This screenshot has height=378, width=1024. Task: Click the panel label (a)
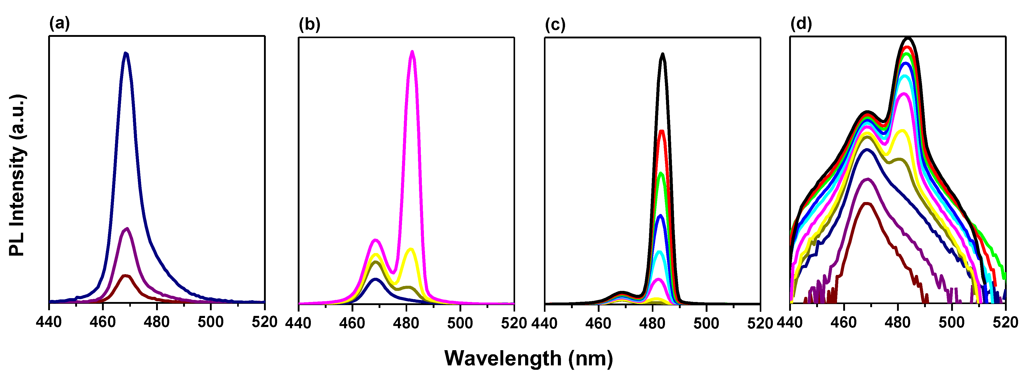pos(59,24)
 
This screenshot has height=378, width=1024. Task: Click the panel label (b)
pos(309,25)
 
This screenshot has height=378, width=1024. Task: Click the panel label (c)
pos(555,25)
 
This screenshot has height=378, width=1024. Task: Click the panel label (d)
pos(801,24)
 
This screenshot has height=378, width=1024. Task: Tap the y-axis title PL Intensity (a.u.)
pos(18,175)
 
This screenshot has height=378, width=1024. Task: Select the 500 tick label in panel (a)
pos(211,322)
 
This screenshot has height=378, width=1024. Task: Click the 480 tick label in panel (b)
pos(406,323)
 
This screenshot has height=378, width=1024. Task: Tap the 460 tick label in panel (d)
pos(843,322)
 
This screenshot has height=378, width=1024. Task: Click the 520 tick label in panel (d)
pos(1005,322)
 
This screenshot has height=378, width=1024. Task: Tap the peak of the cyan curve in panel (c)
pos(660,252)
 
